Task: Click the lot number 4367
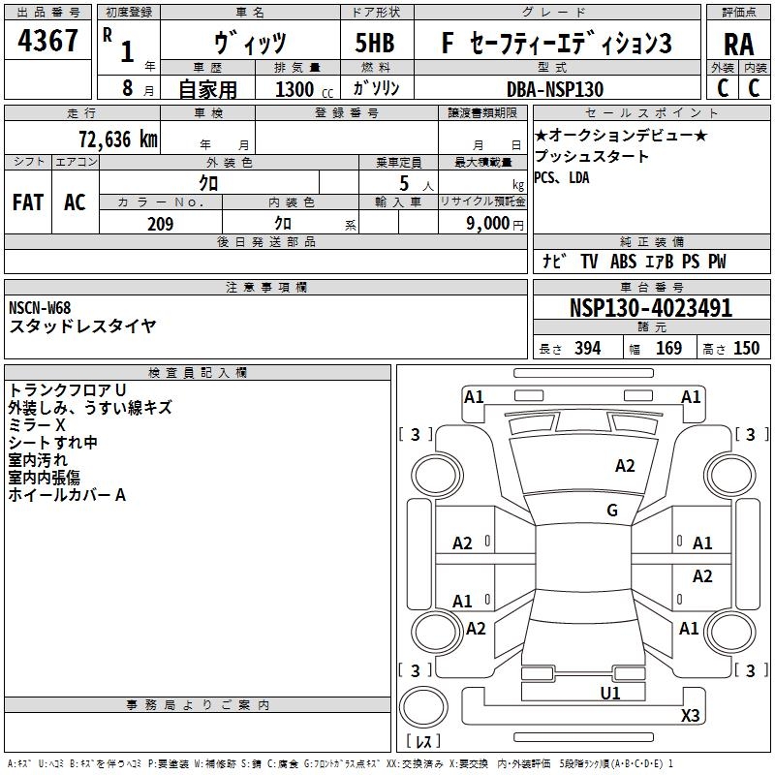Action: [47, 41]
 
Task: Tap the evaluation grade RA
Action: [739, 45]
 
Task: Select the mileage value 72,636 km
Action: [118, 139]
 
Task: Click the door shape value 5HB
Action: [375, 43]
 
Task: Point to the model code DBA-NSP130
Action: [555, 89]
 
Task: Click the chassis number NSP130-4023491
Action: [651, 308]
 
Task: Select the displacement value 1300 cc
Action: [304, 89]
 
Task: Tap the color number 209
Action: [160, 224]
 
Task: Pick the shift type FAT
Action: [28, 202]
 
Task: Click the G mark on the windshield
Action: [612, 511]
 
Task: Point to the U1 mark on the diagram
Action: [610, 693]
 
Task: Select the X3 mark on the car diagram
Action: [690, 715]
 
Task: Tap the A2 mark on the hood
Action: [625, 466]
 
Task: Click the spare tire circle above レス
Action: [423, 706]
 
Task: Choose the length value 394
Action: [588, 349]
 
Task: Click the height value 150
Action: [746, 349]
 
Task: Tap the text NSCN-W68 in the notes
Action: [40, 308]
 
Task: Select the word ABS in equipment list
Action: [623, 262]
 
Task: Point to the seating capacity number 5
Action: [404, 184]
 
